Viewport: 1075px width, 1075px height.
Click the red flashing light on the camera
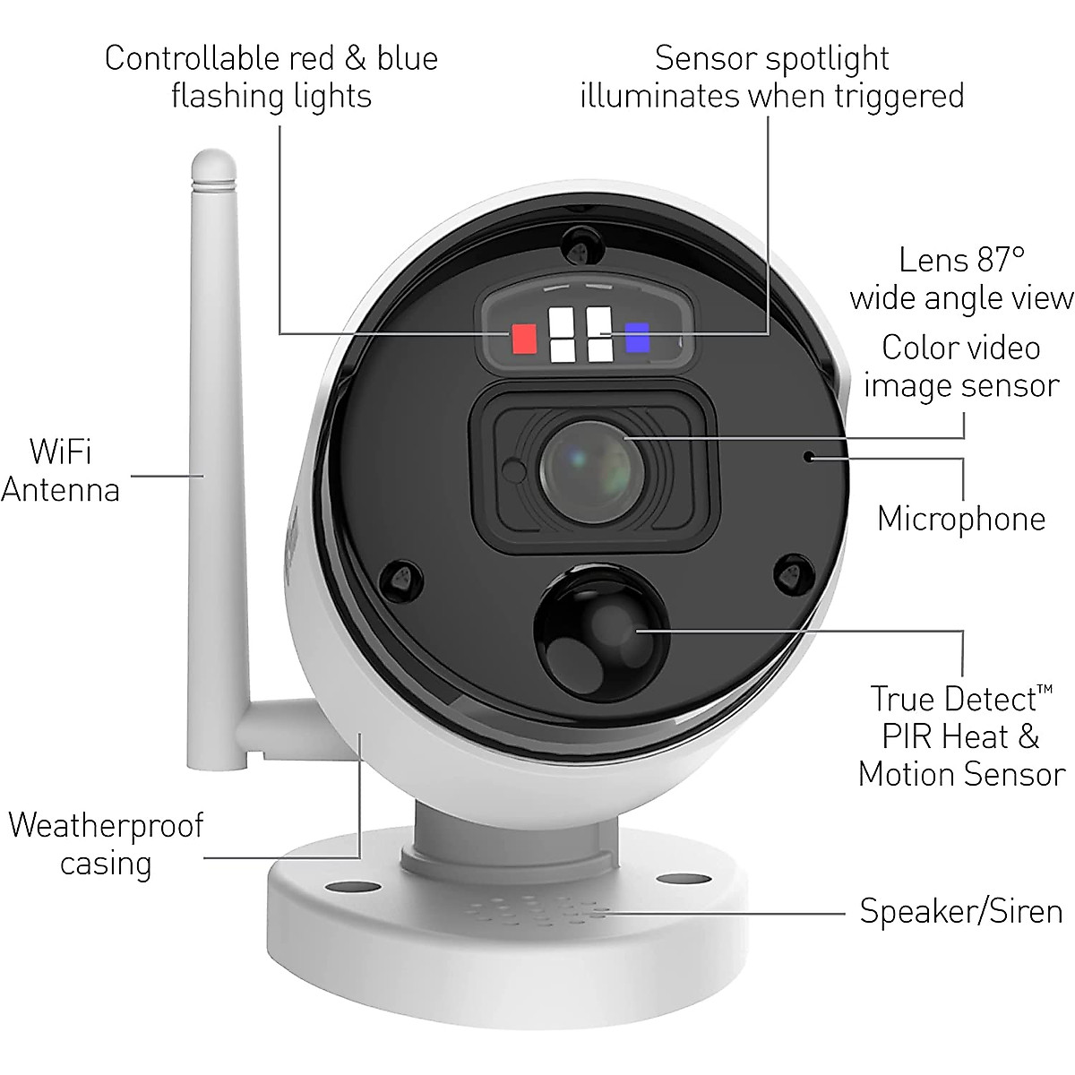[523, 339]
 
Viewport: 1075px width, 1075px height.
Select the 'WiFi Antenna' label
[60, 470]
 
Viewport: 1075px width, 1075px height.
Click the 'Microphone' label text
[961, 519]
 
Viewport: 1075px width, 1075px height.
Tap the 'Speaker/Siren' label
[961, 911]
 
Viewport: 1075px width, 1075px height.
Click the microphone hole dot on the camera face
[808, 457]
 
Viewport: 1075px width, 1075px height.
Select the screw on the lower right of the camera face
[791, 571]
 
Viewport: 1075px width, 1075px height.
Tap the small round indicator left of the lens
[513, 469]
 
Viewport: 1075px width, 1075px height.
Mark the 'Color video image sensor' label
[961, 366]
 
